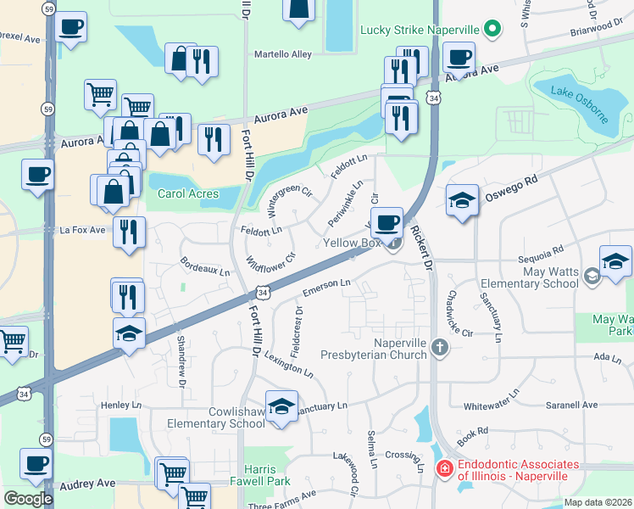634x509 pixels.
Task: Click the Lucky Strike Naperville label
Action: point(420,30)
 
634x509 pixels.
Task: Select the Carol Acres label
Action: point(188,193)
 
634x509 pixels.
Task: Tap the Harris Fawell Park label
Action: point(254,475)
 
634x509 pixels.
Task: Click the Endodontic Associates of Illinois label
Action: point(519,470)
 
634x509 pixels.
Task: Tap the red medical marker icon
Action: point(443,468)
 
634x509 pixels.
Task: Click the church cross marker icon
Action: point(439,346)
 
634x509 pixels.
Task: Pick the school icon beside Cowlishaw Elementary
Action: point(282,407)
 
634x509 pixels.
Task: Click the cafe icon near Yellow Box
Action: point(387,224)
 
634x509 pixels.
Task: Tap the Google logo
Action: point(28,499)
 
